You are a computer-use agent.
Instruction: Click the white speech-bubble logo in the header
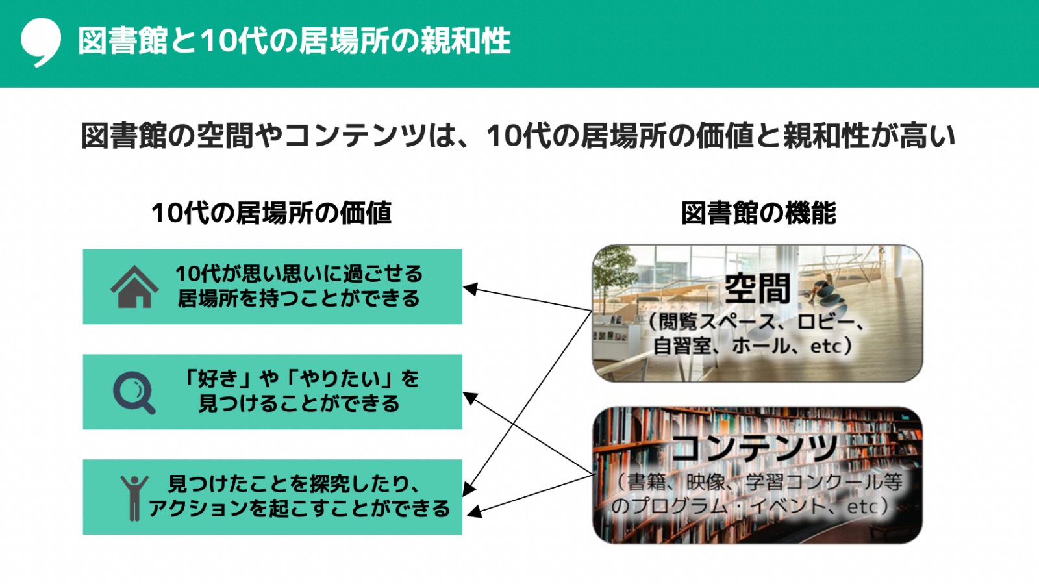point(41,41)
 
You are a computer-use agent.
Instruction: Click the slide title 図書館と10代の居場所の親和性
point(294,41)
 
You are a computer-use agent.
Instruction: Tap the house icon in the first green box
point(134,286)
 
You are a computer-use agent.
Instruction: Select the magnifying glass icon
point(134,392)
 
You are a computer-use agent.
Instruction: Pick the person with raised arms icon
point(134,498)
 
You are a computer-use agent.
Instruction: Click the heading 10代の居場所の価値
point(272,213)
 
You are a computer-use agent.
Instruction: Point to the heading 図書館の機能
point(758,213)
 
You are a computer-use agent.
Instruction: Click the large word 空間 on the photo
point(758,289)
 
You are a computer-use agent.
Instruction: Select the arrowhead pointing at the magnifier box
point(470,398)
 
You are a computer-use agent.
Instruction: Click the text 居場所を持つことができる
point(299,299)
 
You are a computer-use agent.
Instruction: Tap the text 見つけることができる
point(299,403)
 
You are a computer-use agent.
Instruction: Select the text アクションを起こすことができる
point(299,509)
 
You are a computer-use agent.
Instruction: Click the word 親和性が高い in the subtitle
point(869,136)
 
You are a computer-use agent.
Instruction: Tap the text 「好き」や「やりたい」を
point(299,379)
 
